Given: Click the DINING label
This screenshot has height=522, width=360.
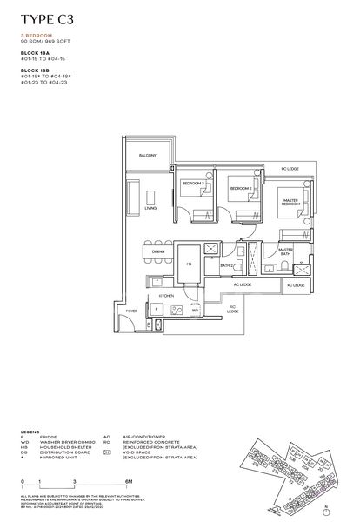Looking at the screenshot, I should [158, 251].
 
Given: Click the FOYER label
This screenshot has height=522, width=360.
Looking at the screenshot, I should [131, 311].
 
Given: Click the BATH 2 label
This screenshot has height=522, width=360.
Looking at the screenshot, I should [224, 265].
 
